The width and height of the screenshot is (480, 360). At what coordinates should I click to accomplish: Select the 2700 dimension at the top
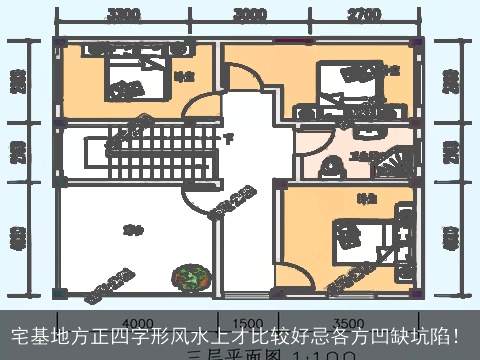pyautogui.click(x=362, y=15)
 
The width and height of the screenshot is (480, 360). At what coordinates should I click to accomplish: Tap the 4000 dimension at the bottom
pyautogui.click(x=137, y=323)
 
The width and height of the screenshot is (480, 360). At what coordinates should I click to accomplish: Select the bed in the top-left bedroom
pyautogui.click(x=127, y=80)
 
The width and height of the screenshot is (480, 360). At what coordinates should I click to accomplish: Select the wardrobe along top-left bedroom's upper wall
pyautogui.click(x=126, y=47)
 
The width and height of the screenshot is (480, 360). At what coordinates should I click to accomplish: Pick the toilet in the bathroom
pyautogui.click(x=331, y=171)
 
